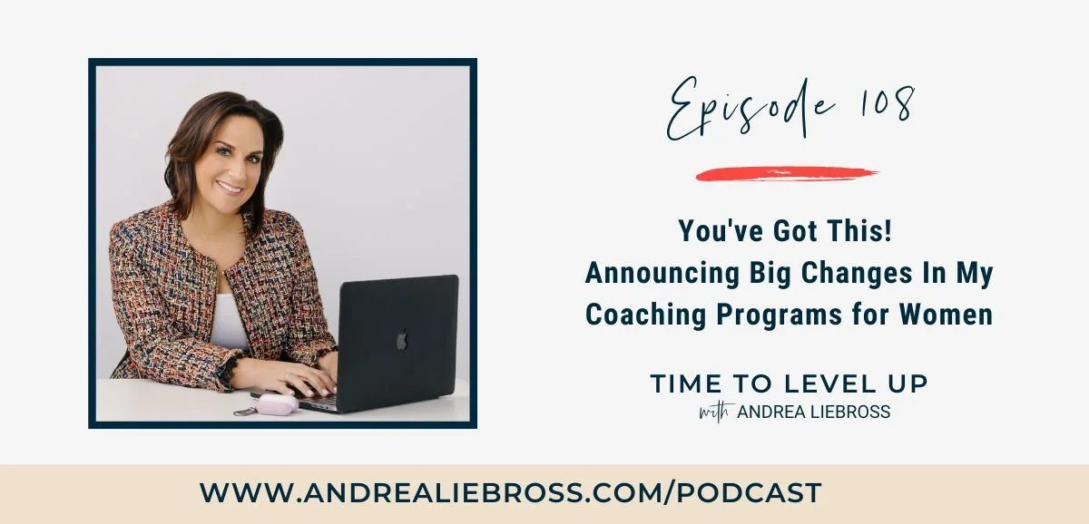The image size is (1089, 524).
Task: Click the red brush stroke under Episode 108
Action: tap(786, 173)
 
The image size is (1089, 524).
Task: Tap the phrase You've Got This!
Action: tap(786, 233)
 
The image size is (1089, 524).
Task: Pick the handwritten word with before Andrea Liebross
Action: tap(716, 412)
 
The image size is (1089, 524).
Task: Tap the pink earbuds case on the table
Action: tap(277, 404)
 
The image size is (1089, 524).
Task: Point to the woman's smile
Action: tap(229, 189)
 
